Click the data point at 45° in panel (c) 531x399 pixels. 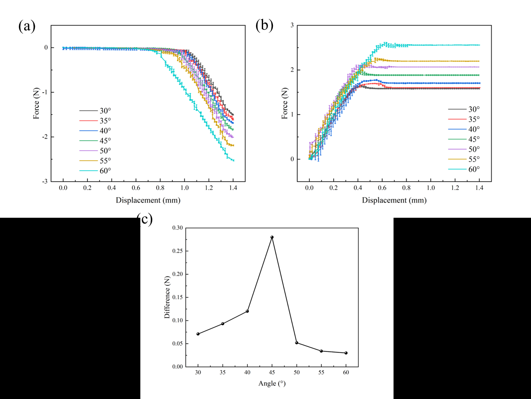point(272,237)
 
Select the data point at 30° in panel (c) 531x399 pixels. point(198,334)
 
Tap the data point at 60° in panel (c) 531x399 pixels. point(346,353)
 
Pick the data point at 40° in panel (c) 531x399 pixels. point(247,311)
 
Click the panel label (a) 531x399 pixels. point(27,26)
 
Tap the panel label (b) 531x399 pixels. point(264,25)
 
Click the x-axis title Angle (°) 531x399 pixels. point(272,383)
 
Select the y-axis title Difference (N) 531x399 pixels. point(167,297)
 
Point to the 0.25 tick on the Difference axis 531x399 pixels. point(178,251)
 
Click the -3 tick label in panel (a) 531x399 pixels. point(45,181)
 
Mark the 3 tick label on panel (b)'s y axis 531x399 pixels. point(292,25)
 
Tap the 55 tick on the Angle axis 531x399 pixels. point(321,372)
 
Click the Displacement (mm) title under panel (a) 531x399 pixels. point(148,200)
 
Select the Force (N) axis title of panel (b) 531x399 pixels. point(284,104)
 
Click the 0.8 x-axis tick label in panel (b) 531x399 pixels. point(407,188)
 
